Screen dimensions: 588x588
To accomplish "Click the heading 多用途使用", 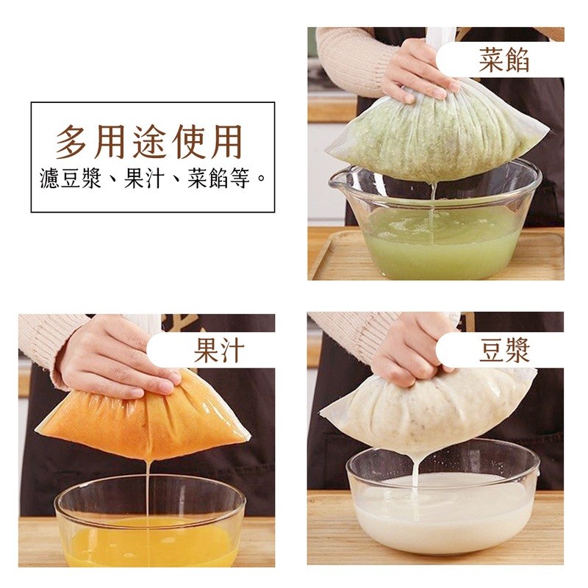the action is [x=149, y=143].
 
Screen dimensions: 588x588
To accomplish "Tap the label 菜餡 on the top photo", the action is [x=503, y=60].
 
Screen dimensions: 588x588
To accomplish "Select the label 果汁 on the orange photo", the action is [x=219, y=350].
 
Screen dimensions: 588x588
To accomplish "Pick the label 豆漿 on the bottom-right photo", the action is [x=504, y=350].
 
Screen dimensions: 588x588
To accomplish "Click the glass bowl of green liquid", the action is [x=435, y=221].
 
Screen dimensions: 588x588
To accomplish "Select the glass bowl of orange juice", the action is [x=150, y=525].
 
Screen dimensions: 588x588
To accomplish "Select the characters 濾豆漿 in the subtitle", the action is [x=71, y=179].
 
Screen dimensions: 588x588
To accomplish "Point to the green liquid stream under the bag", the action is [x=433, y=210].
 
